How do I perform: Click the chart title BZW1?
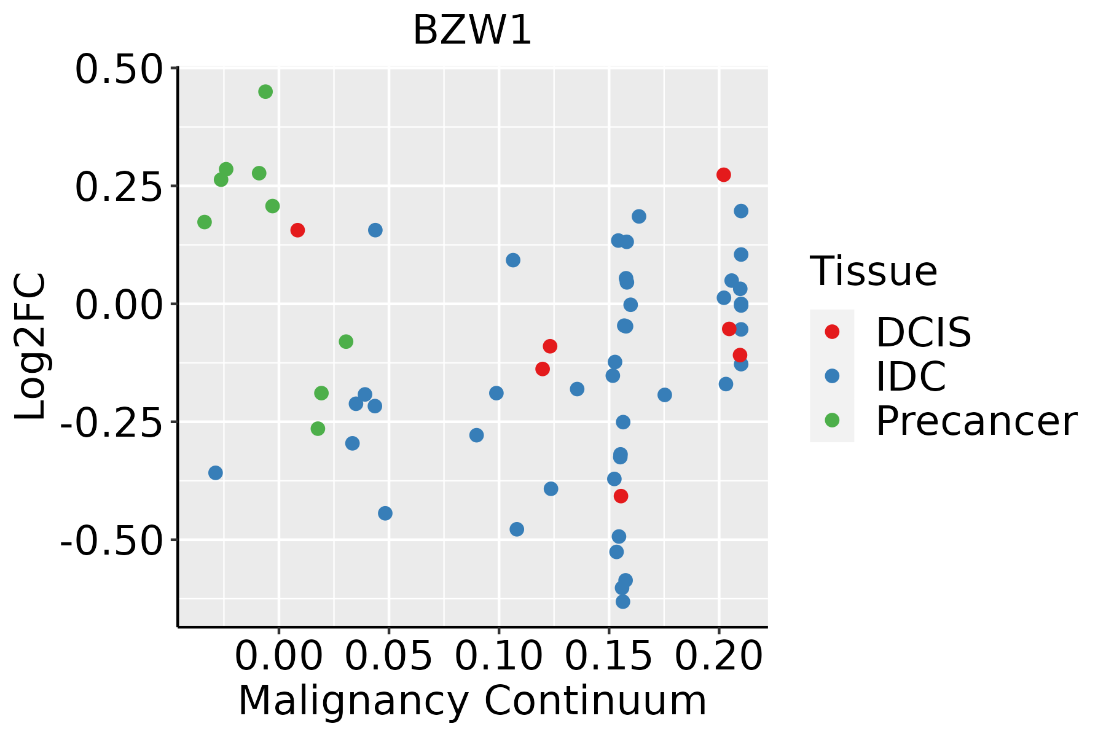tap(472, 30)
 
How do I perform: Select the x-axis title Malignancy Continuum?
tap(472, 701)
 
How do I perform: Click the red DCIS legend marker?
tap(832, 332)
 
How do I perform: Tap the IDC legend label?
tap(911, 376)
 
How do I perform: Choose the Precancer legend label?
tap(976, 421)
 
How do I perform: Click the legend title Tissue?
tap(874, 271)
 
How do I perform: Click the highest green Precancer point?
tap(265, 92)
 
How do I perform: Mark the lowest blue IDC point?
tap(623, 601)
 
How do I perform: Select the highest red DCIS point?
tap(724, 174)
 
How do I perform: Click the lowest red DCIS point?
tap(621, 496)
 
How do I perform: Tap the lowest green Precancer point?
tap(318, 428)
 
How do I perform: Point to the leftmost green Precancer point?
tap(205, 222)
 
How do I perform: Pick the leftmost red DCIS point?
tap(297, 230)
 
